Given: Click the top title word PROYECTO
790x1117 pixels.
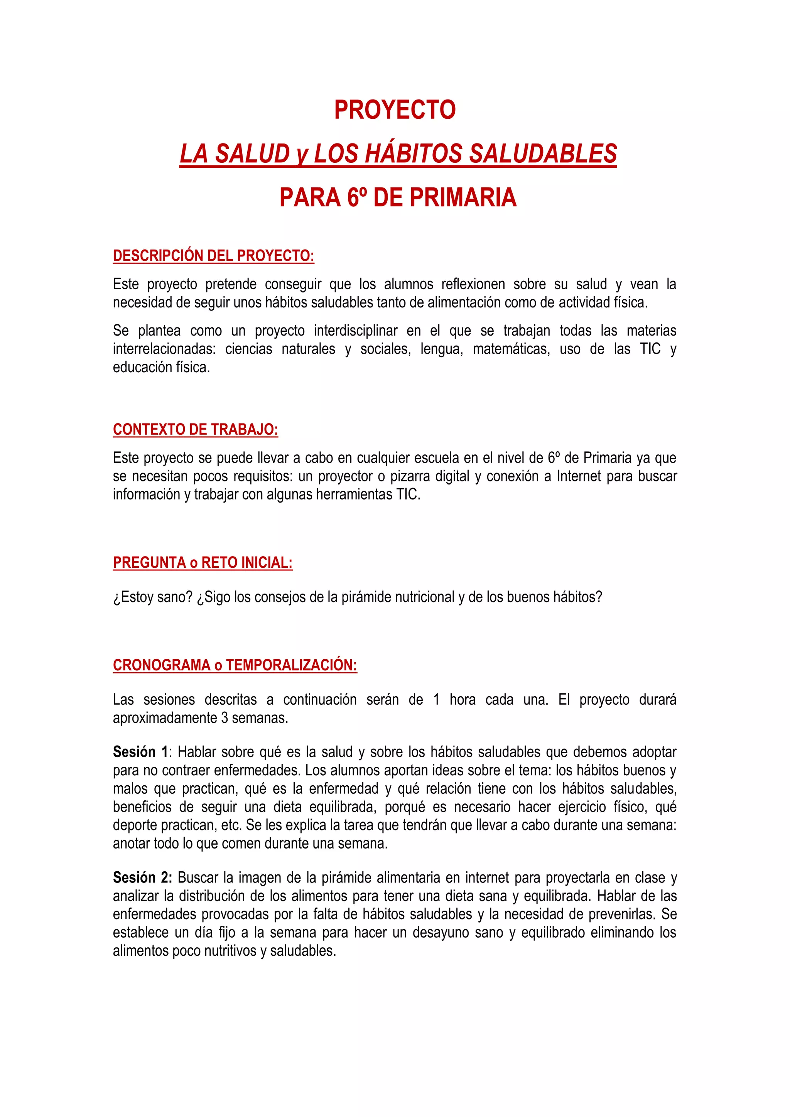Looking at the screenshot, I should click(x=395, y=110).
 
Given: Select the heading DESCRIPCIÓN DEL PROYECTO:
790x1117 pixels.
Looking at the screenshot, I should click(x=214, y=256).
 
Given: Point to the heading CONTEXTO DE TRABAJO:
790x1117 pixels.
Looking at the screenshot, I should click(x=196, y=430).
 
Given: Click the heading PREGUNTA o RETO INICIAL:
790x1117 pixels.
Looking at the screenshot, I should click(x=203, y=563).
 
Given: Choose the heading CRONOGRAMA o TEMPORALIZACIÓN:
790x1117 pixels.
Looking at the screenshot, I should click(x=235, y=665).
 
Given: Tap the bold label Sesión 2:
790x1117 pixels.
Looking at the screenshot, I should click(x=142, y=877).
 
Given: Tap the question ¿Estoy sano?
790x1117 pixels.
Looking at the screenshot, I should click(x=153, y=597).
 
